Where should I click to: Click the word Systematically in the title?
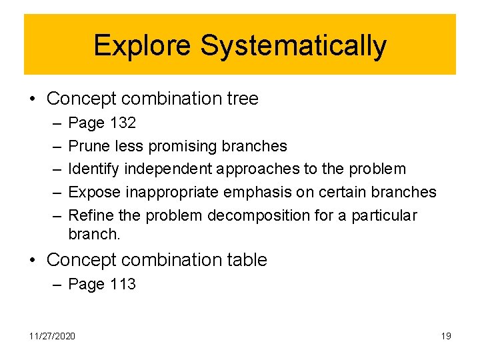pyautogui.click(x=293, y=46)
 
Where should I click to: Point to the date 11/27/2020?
pyautogui.click(x=52, y=335)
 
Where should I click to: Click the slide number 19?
pyautogui.click(x=446, y=335)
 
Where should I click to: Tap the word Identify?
pyautogui.click(x=93, y=169)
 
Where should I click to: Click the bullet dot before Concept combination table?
pyautogui.click(x=32, y=260)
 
